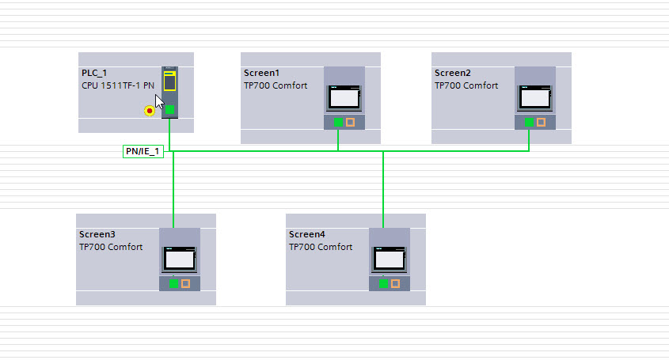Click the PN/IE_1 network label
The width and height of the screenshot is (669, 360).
(x=143, y=151)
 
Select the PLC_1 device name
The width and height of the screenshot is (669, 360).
(x=94, y=73)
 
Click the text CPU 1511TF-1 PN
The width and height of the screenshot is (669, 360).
(x=118, y=85)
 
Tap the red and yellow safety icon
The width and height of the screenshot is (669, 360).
(x=149, y=111)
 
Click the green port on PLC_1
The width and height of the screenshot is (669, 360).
(x=169, y=110)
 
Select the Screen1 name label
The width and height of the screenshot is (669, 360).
(x=262, y=73)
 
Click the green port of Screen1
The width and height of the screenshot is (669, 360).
(x=338, y=122)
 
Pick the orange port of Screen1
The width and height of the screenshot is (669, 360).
(x=350, y=122)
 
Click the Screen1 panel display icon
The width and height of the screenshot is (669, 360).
(x=344, y=97)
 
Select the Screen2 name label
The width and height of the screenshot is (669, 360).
(x=453, y=73)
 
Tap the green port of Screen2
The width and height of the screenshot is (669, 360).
(x=529, y=122)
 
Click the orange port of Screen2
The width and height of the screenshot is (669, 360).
(x=541, y=122)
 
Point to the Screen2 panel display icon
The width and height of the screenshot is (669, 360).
(x=534, y=97)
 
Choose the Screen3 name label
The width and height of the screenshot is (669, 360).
(x=97, y=234)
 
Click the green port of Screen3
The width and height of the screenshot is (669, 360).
(x=173, y=283)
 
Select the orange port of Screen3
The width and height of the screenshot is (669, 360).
(x=185, y=283)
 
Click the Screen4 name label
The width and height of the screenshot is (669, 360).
(x=307, y=234)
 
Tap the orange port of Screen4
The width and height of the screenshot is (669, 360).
(x=395, y=283)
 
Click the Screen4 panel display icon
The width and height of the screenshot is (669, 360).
(x=389, y=259)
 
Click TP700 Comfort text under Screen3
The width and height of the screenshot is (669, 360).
(x=111, y=247)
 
